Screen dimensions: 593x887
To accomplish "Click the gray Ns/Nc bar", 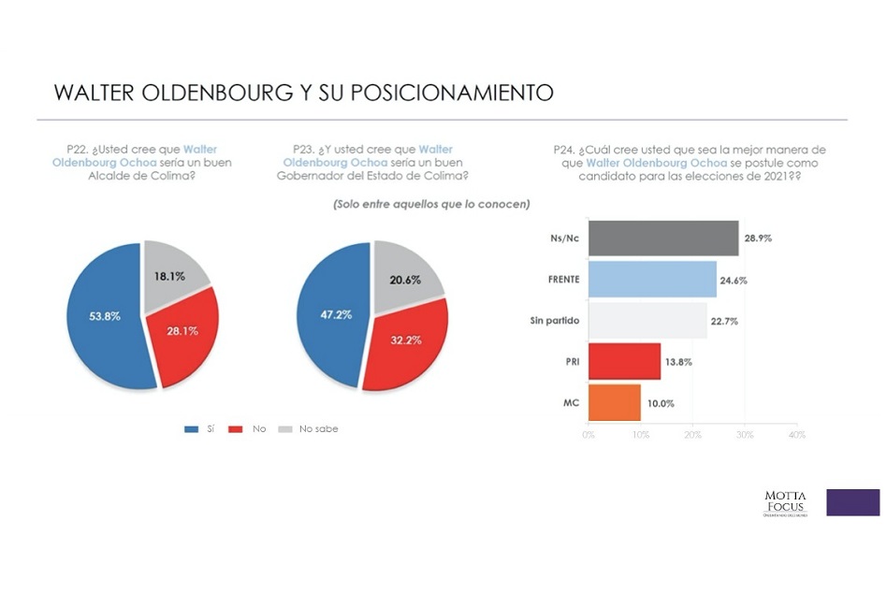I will (x=663, y=239).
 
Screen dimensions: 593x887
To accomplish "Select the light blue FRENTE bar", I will (x=652, y=279).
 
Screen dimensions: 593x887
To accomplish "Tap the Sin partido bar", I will (x=647, y=320).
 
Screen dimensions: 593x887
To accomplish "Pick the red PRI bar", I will (x=624, y=361).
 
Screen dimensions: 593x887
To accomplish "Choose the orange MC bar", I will (x=615, y=402).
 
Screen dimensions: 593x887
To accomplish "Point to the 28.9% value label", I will (x=758, y=239).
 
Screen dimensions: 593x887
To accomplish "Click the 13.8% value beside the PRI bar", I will (x=678, y=361).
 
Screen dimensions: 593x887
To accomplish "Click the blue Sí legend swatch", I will (x=192, y=429).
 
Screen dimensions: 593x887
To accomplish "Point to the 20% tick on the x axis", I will (x=693, y=435).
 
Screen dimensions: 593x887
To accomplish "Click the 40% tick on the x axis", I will (x=797, y=435).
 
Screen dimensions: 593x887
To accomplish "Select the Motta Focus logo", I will (x=785, y=502).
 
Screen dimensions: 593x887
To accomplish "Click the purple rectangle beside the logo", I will (x=852, y=502).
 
